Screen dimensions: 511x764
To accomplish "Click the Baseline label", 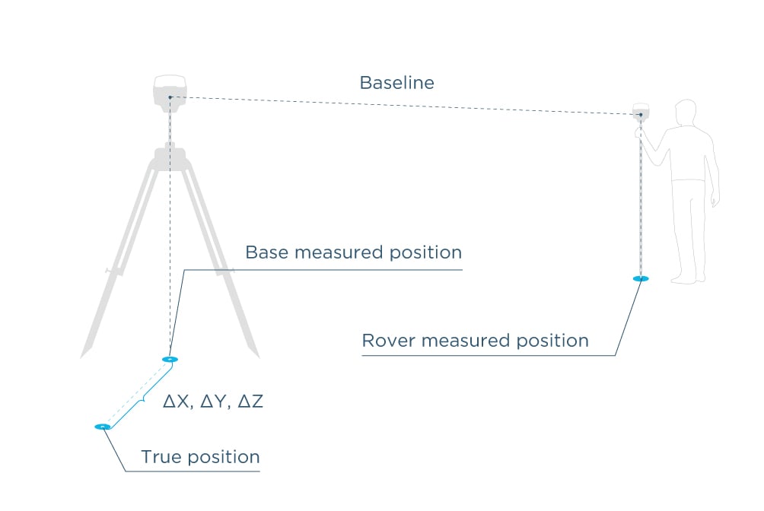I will pyautogui.click(x=396, y=83).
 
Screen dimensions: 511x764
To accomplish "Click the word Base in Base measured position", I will pyautogui.click(x=266, y=252).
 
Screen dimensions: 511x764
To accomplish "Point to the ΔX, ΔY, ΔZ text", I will pyautogui.click(x=213, y=401).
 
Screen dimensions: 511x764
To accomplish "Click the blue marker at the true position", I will pyautogui.click(x=102, y=427).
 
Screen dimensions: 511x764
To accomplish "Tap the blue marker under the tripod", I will pyautogui.click(x=169, y=359).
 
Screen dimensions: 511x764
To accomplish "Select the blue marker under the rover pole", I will pyautogui.click(x=641, y=279).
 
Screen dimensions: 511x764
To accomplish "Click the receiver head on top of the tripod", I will pyautogui.click(x=170, y=90).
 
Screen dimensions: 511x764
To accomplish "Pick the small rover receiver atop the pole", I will pyautogui.click(x=641, y=111).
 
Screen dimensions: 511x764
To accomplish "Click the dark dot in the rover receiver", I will pyautogui.click(x=641, y=115).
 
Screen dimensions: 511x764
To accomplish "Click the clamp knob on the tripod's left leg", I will pyautogui.click(x=108, y=271).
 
